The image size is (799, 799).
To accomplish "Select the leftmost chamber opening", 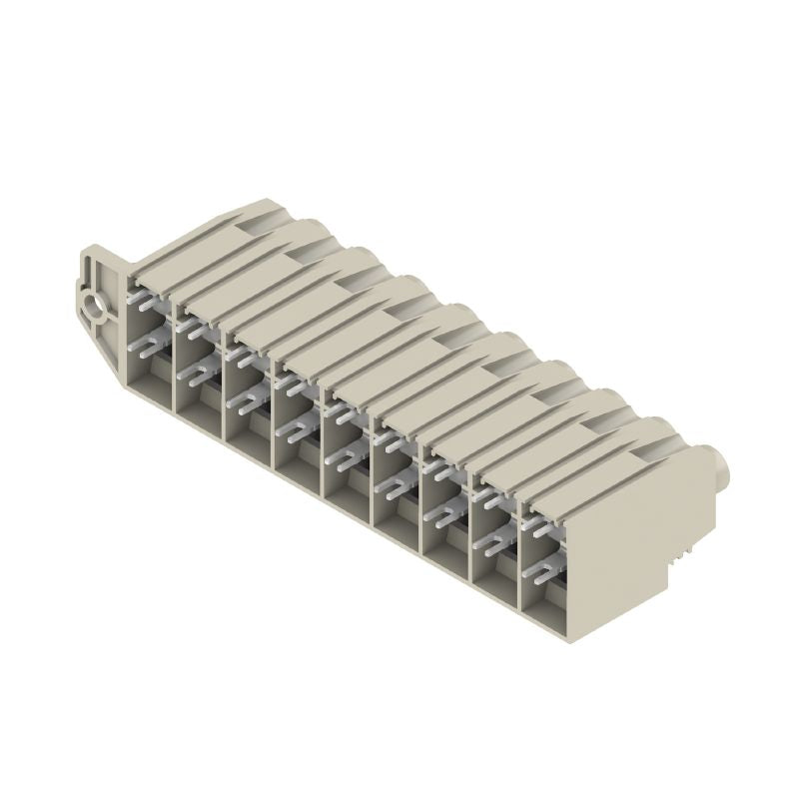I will [150, 340].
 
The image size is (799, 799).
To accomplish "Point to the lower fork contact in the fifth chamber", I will [343, 459].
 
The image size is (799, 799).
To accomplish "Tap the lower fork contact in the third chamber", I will [244, 402].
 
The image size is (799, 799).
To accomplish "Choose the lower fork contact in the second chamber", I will [195, 375].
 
